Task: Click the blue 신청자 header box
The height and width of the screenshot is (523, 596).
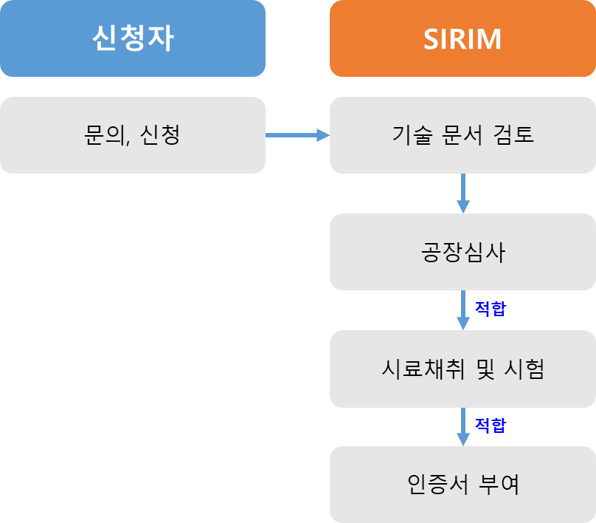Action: pos(133,38)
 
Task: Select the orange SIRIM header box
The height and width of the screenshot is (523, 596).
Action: pos(462,38)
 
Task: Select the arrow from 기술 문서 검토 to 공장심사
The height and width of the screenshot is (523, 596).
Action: pos(463,193)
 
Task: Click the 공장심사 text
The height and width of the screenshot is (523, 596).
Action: pos(462,252)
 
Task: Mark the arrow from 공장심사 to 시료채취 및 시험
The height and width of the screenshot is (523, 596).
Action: pos(463,310)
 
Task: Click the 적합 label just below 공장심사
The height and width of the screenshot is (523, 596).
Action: pos(490,308)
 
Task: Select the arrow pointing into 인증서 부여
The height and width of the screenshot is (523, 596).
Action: pos(463,426)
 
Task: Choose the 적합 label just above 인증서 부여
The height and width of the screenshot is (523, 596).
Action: pos(490,425)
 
